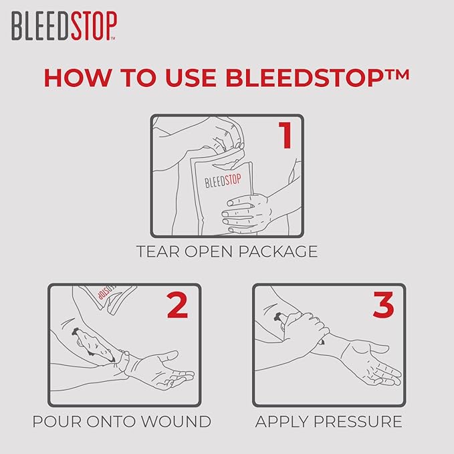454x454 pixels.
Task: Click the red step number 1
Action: (286, 134)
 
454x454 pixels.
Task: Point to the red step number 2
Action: (177, 304)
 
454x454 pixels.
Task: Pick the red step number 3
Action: (383, 304)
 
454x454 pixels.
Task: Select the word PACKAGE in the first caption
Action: (280, 252)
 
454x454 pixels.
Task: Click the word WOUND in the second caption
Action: (181, 422)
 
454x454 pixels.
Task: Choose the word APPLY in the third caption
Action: (279, 422)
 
